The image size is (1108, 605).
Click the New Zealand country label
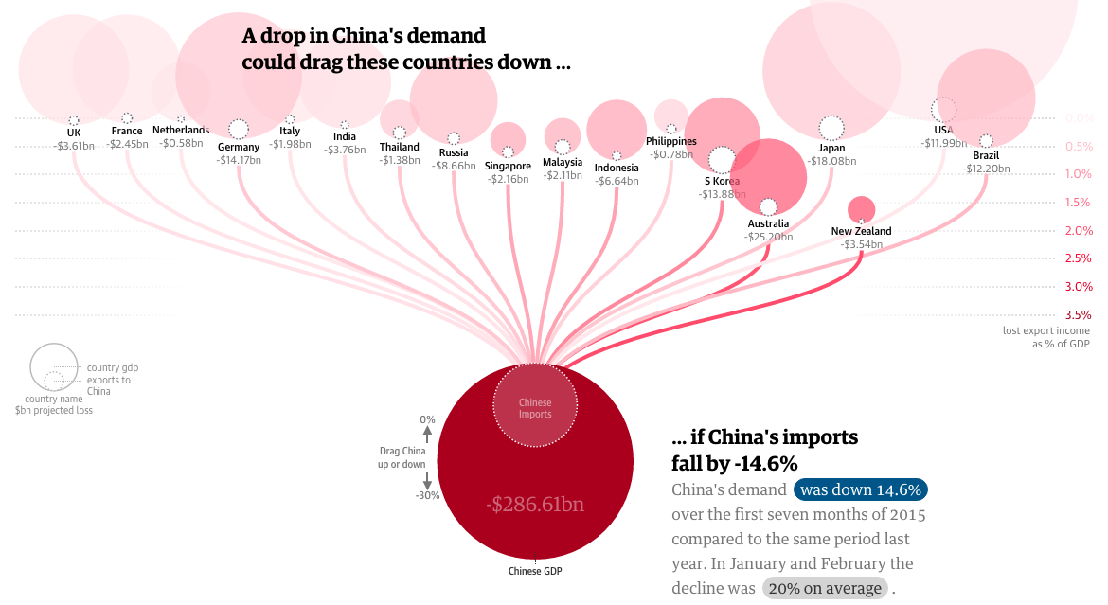861,231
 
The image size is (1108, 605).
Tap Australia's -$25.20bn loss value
768,237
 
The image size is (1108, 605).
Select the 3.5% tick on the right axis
1079,314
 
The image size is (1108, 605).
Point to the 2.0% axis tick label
1079,230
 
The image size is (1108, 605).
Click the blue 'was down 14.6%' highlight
860,489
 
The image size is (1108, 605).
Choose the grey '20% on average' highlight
825,588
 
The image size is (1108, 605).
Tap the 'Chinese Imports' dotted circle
534,408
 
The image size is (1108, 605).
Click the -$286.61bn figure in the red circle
535,504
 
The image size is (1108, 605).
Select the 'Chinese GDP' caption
535,571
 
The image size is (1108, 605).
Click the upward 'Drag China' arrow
427,435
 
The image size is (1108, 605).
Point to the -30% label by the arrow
427,495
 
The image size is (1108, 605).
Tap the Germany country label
238,147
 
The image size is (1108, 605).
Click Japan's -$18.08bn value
831,161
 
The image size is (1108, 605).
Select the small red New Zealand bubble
861,208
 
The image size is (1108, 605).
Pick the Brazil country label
986,155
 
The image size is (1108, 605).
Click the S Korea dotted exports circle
722,160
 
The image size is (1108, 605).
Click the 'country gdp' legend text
113,367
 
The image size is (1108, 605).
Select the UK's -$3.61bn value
74,146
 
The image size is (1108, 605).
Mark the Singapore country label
508,166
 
